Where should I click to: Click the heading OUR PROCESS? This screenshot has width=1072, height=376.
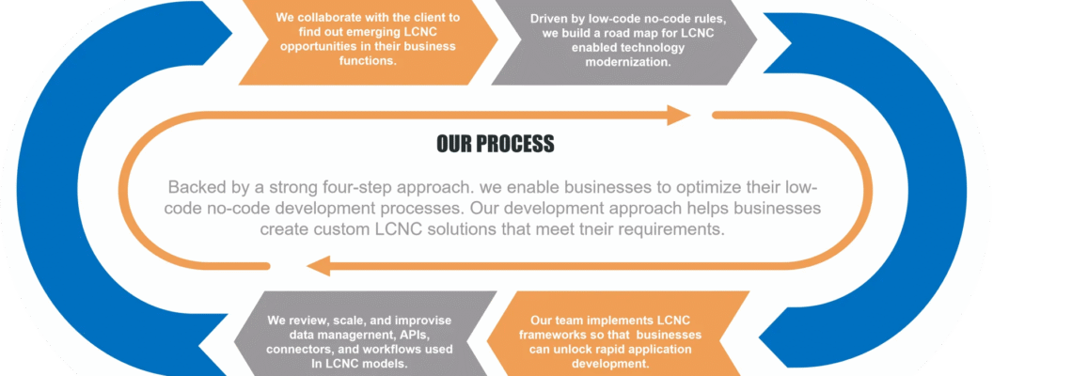click(496, 144)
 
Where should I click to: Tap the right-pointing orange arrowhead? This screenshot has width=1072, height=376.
click(679, 115)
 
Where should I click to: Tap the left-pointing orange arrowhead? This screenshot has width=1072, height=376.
click(318, 265)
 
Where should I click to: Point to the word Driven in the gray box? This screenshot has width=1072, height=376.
click(548, 19)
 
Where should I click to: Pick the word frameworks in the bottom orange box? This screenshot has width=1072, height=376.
click(552, 336)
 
